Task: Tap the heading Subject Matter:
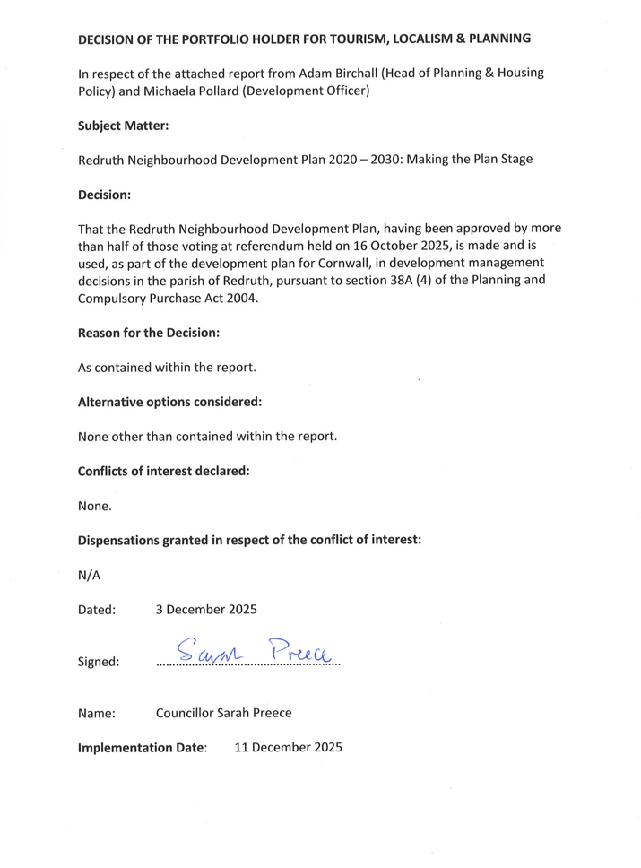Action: (x=124, y=127)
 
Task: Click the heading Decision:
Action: (x=105, y=194)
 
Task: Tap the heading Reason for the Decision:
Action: (x=149, y=333)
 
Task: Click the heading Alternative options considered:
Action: (x=170, y=403)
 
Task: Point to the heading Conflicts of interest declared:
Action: (x=164, y=472)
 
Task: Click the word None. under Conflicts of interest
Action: (x=95, y=506)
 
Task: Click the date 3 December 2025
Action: (x=206, y=610)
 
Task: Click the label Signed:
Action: (x=99, y=663)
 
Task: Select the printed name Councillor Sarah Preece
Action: (x=223, y=714)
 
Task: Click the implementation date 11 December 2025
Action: (x=288, y=747)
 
